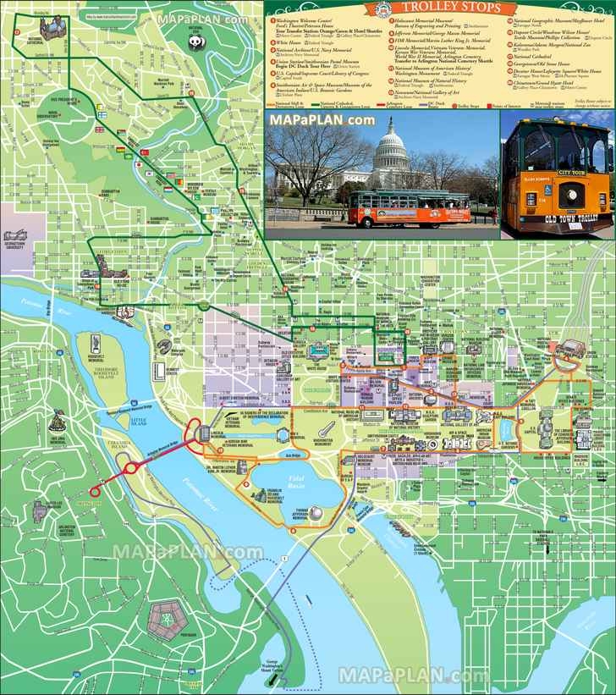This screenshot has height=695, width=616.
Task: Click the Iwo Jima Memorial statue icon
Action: pos(58,418)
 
